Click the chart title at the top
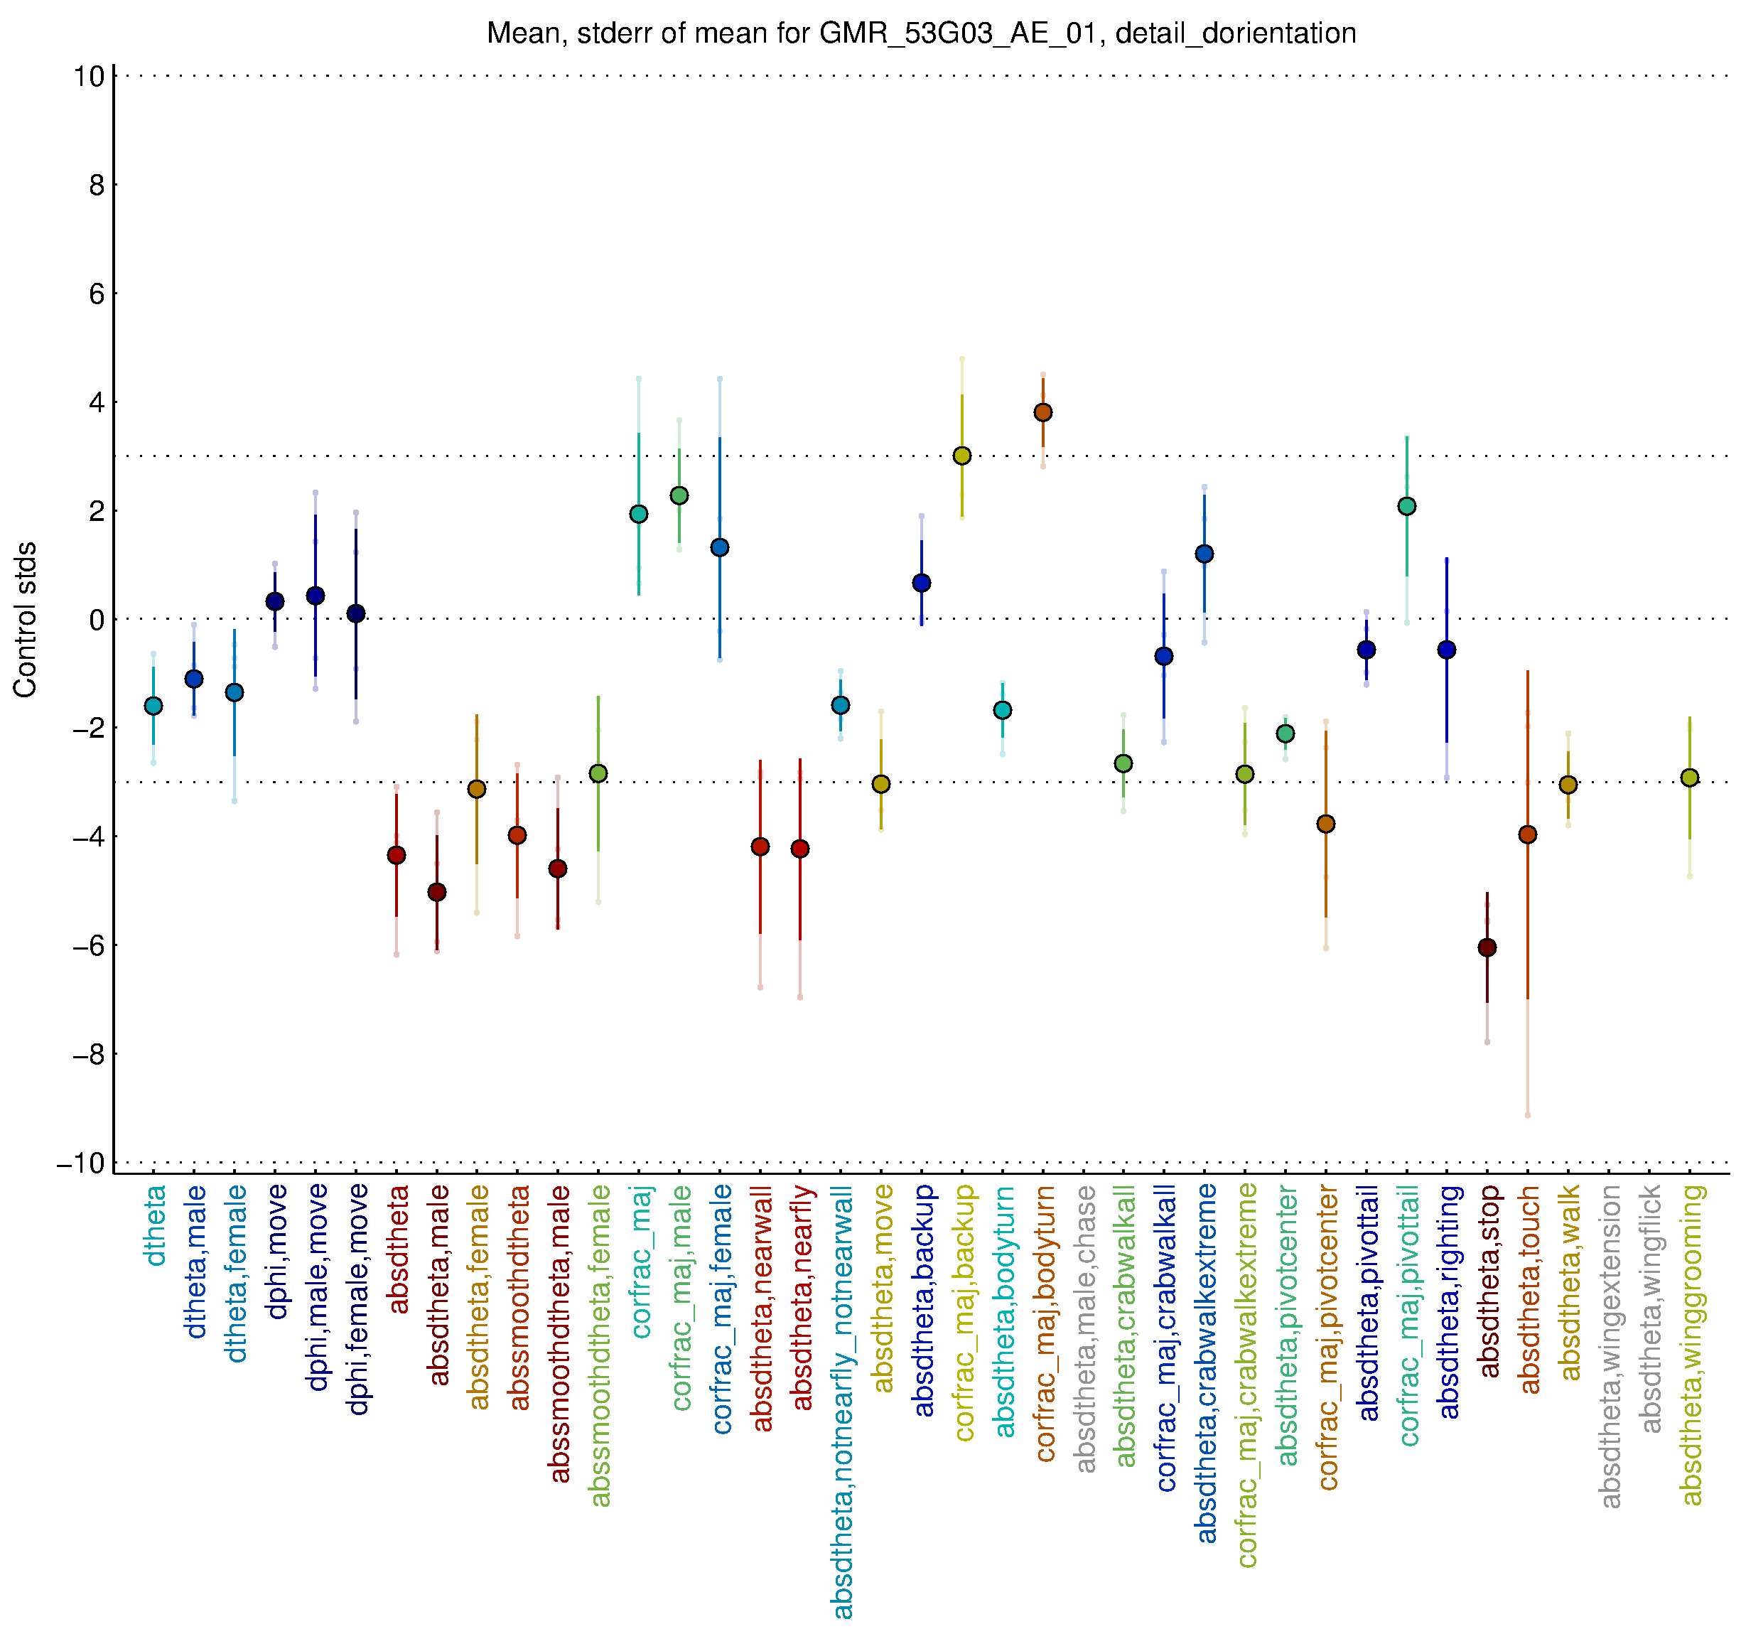click(x=920, y=34)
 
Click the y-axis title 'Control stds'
click(x=26, y=619)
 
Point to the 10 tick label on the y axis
click(x=88, y=76)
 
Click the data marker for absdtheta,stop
click(x=1486, y=947)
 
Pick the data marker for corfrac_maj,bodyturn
click(x=1042, y=412)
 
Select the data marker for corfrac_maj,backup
click(x=961, y=456)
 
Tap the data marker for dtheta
click(x=153, y=706)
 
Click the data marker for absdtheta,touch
click(x=1527, y=834)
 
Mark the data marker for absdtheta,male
click(x=436, y=893)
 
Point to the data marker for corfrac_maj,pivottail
click(x=1406, y=506)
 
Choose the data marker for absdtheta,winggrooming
click(x=1689, y=778)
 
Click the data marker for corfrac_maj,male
click(x=679, y=495)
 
